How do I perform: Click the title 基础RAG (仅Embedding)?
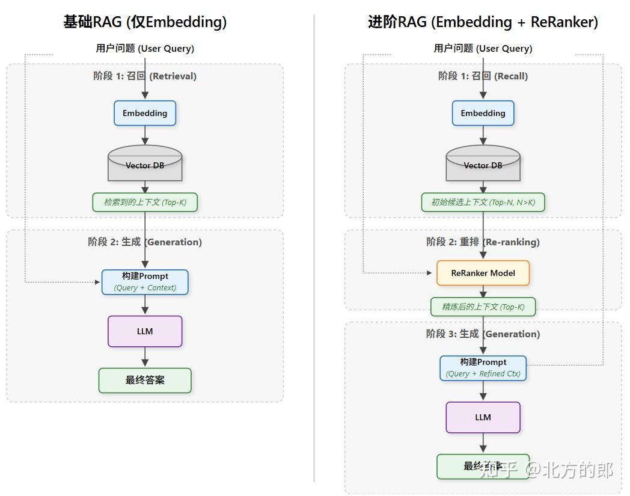pyautogui.click(x=145, y=22)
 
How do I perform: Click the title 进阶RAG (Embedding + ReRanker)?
pyautogui.click(x=483, y=22)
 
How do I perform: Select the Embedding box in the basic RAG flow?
pyautogui.click(x=145, y=113)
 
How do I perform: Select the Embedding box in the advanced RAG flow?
pyautogui.click(x=483, y=113)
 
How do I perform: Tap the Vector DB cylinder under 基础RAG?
pyautogui.click(x=145, y=163)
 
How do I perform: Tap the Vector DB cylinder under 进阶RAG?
pyautogui.click(x=483, y=163)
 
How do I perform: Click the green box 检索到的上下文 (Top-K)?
pyautogui.click(x=145, y=202)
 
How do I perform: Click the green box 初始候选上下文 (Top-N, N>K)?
pyautogui.click(x=483, y=202)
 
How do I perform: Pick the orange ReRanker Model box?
pyautogui.click(x=483, y=273)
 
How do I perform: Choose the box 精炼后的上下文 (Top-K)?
pyautogui.click(x=483, y=307)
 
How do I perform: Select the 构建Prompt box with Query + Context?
pyautogui.click(x=145, y=282)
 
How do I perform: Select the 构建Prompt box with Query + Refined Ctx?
pyautogui.click(x=483, y=368)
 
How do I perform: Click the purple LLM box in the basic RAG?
pyautogui.click(x=145, y=331)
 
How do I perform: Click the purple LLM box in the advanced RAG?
pyautogui.click(x=483, y=417)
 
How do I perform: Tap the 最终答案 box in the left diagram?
pyautogui.click(x=145, y=381)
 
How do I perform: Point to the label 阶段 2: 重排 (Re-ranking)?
pyautogui.click(x=483, y=242)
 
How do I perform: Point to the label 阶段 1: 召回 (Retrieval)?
pyautogui.click(x=145, y=76)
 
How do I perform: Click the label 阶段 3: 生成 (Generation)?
pyautogui.click(x=483, y=334)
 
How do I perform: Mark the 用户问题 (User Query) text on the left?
pyautogui.click(x=145, y=48)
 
